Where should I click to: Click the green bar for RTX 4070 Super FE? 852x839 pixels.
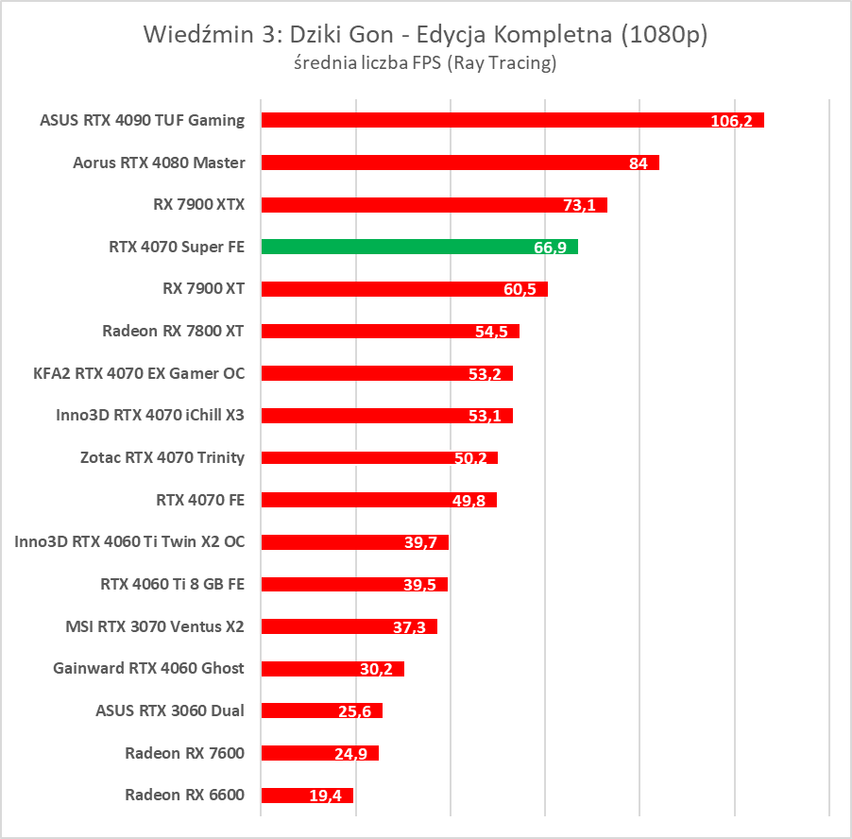[418, 247]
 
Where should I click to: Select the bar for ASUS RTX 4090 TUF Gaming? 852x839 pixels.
[512, 120]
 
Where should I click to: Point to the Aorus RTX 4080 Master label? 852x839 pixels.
[159, 163]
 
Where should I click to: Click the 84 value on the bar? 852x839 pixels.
[638, 163]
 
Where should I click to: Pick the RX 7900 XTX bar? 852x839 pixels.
[434, 204]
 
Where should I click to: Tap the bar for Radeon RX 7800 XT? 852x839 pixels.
[390, 331]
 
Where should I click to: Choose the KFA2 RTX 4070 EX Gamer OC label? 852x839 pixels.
[139, 373]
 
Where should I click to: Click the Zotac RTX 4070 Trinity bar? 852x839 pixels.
[379, 457]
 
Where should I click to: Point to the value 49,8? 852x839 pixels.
[469, 501]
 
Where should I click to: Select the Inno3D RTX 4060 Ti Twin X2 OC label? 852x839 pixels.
[129, 541]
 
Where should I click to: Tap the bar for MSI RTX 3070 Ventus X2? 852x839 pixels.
[349, 626]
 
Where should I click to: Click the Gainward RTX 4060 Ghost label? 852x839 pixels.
[149, 668]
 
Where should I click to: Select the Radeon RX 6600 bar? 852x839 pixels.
[307, 796]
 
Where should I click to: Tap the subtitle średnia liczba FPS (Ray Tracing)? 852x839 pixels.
[424, 63]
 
